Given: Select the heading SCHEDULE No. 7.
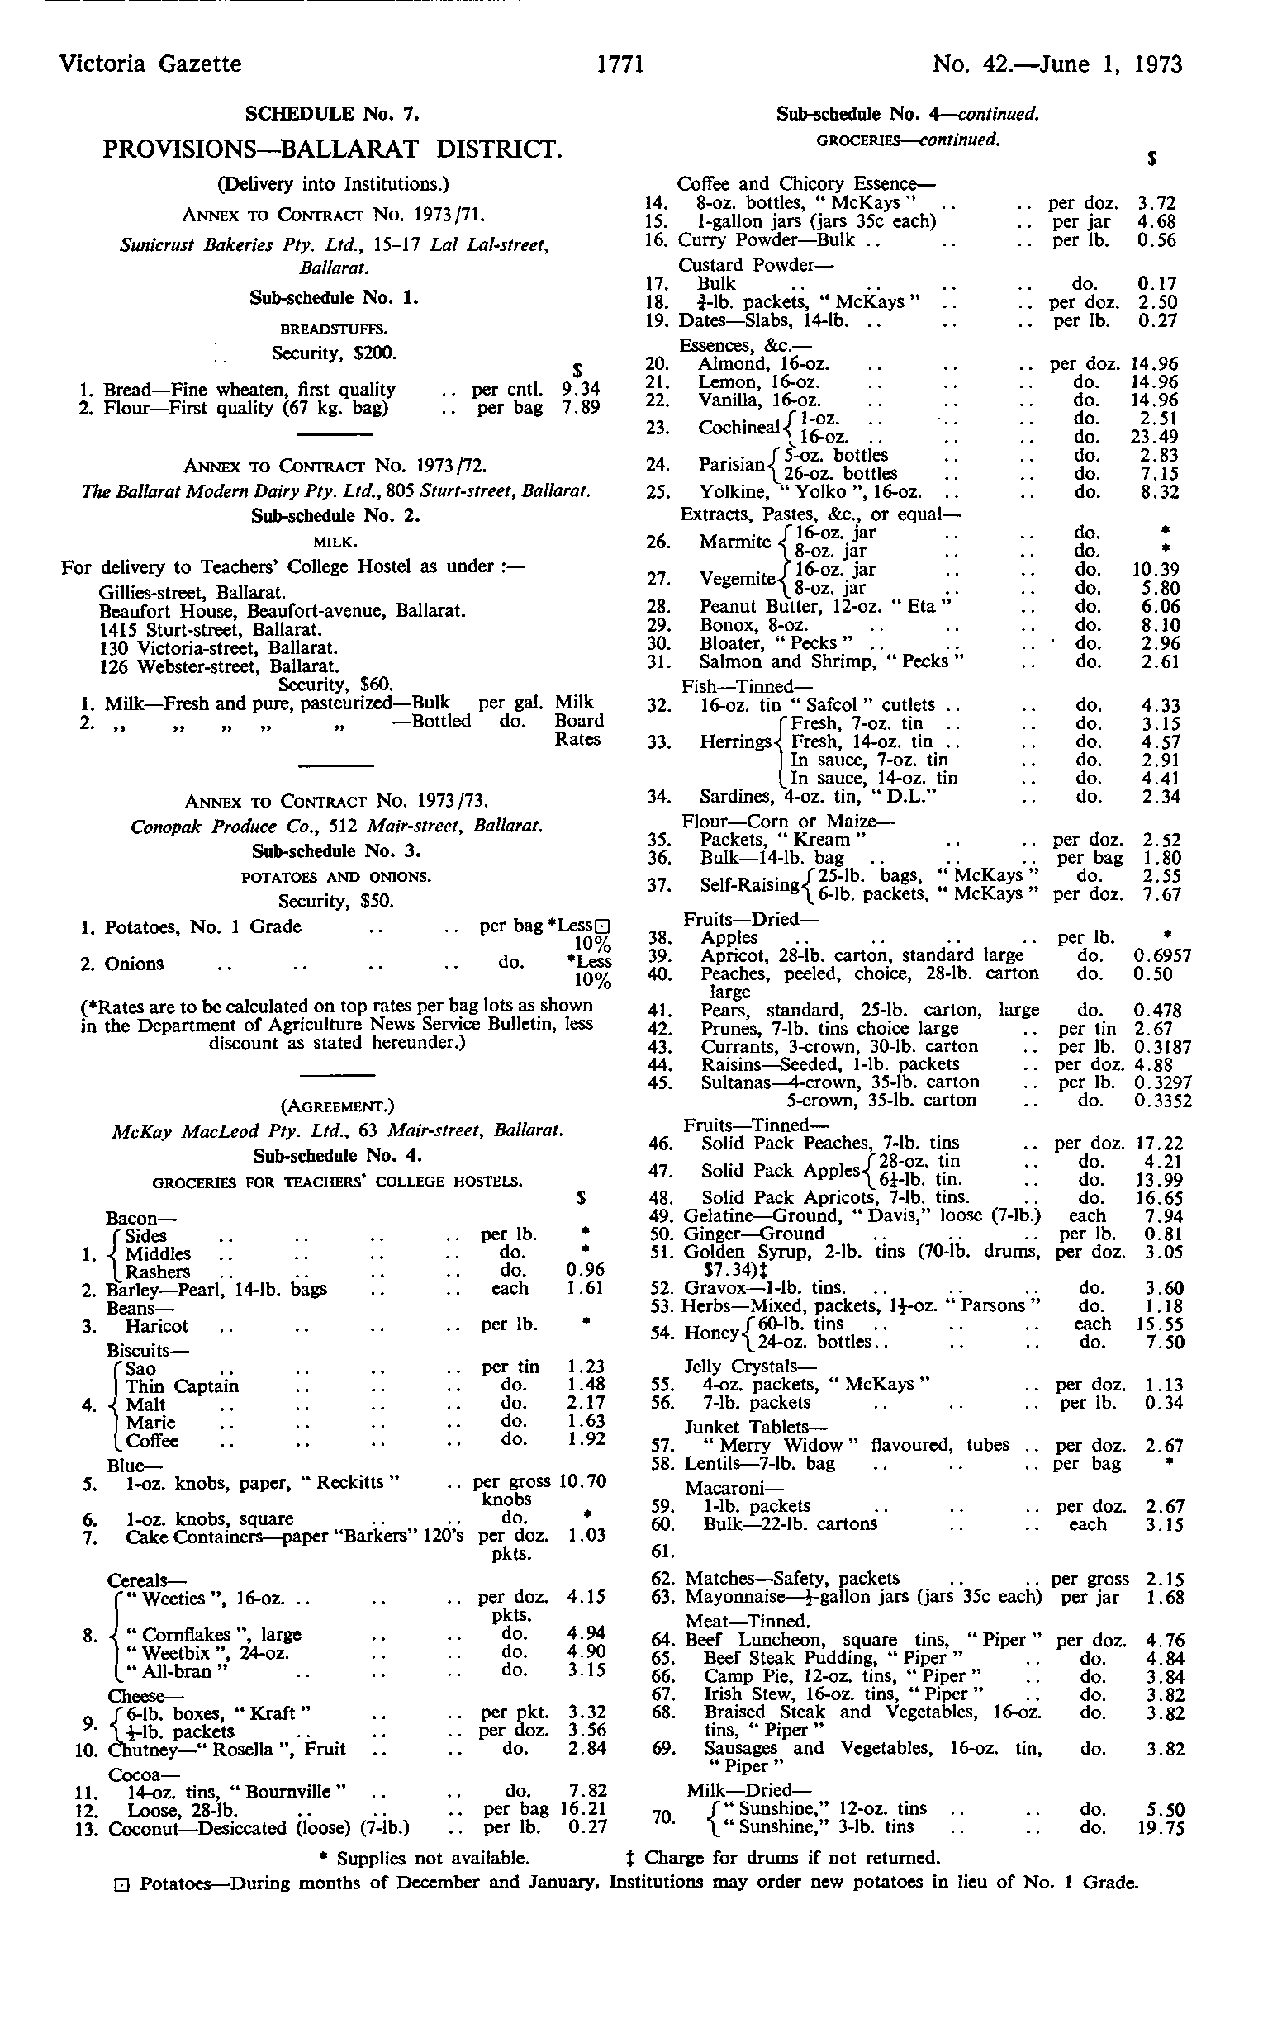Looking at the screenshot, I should point(332,113).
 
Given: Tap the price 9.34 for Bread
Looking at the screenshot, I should point(581,390).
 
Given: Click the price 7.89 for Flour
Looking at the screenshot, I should point(581,408).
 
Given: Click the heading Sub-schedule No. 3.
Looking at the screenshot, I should point(336,851).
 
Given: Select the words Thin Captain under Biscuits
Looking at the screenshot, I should point(182,1386).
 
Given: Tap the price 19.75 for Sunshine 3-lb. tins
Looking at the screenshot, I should point(1161,1827).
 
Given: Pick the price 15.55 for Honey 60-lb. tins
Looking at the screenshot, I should point(1161,1324).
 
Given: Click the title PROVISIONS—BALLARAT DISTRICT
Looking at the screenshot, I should point(332,149).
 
